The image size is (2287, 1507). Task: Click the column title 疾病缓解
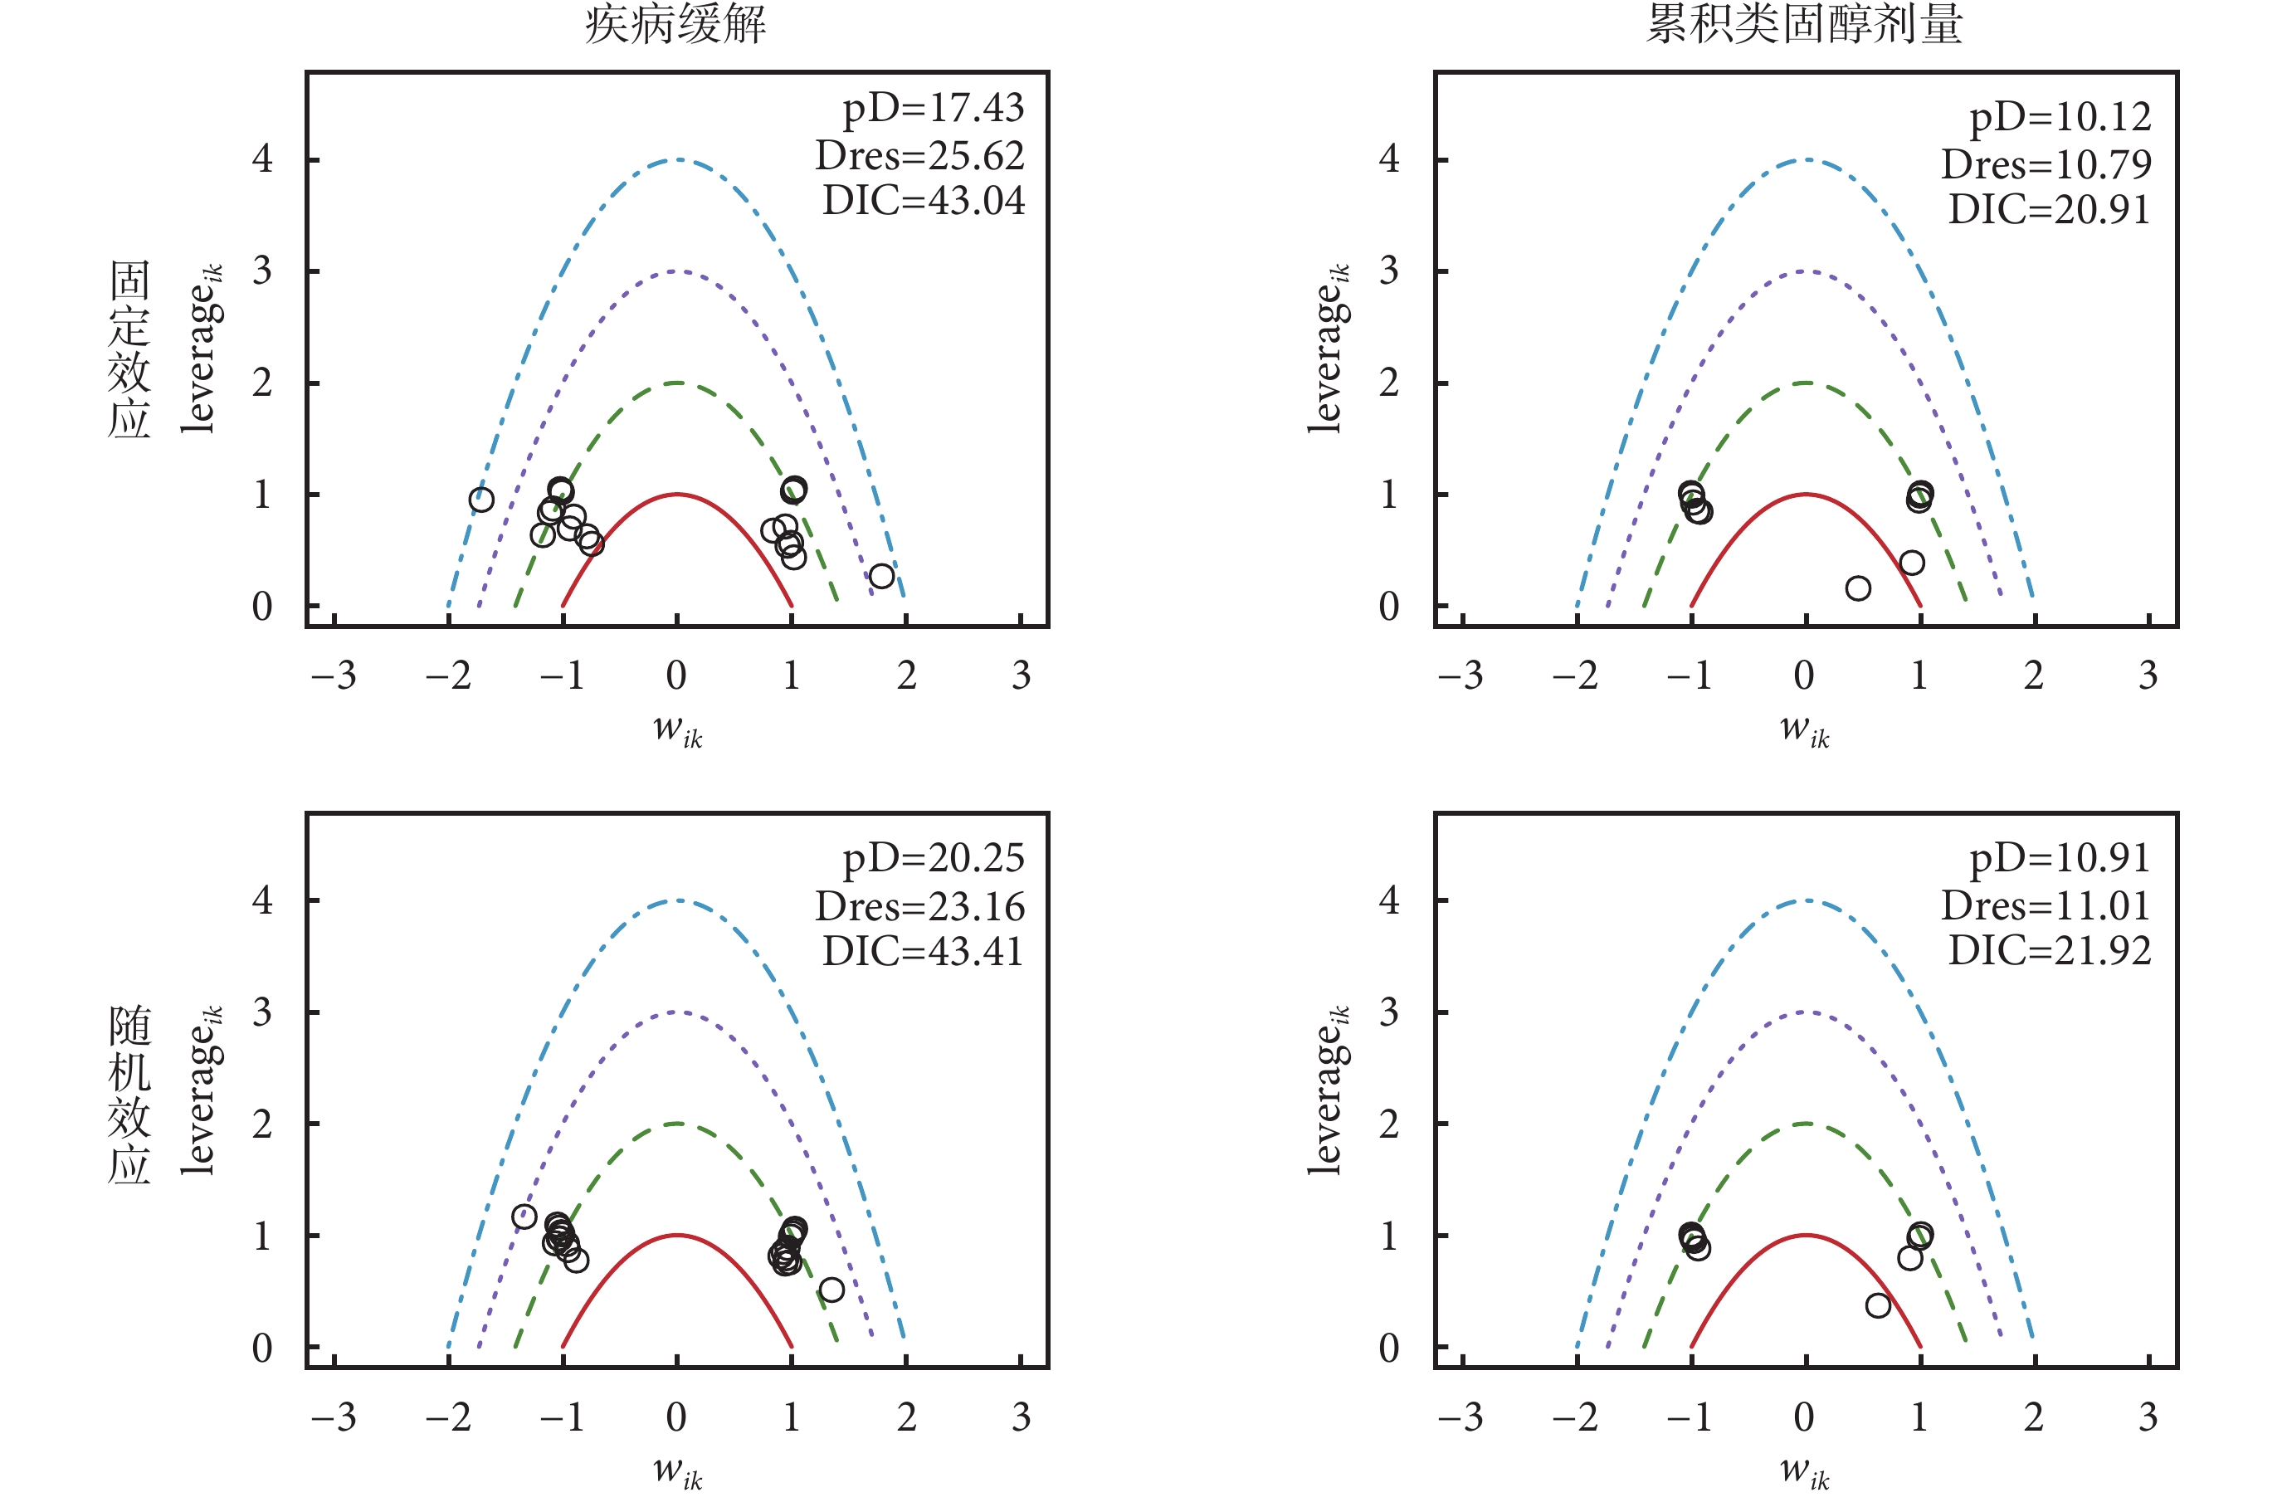[675, 24]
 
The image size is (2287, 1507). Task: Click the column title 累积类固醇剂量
[1804, 24]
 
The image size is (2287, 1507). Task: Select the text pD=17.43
[933, 109]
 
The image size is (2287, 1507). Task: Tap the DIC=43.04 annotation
[924, 201]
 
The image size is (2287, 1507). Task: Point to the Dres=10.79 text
[2046, 164]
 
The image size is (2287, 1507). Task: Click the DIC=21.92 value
[2049, 950]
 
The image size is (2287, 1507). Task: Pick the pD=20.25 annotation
[933, 858]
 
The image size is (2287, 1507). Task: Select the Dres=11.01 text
[2046, 905]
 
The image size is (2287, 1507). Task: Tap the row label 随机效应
[129, 1093]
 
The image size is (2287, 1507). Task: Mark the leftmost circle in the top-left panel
[481, 500]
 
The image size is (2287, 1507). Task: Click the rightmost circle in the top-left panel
[881, 577]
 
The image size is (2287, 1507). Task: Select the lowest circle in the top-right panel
[1857, 588]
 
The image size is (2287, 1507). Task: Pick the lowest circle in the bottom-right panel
[1878, 1305]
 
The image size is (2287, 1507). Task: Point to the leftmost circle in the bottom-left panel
[524, 1217]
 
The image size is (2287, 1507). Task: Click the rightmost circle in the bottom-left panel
[831, 1290]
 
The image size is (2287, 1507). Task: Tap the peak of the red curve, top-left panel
[677, 495]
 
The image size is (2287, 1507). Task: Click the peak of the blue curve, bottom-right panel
[1806, 900]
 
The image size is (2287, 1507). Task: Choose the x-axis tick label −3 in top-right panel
[1460, 675]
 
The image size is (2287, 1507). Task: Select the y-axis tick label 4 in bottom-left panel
[262, 900]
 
